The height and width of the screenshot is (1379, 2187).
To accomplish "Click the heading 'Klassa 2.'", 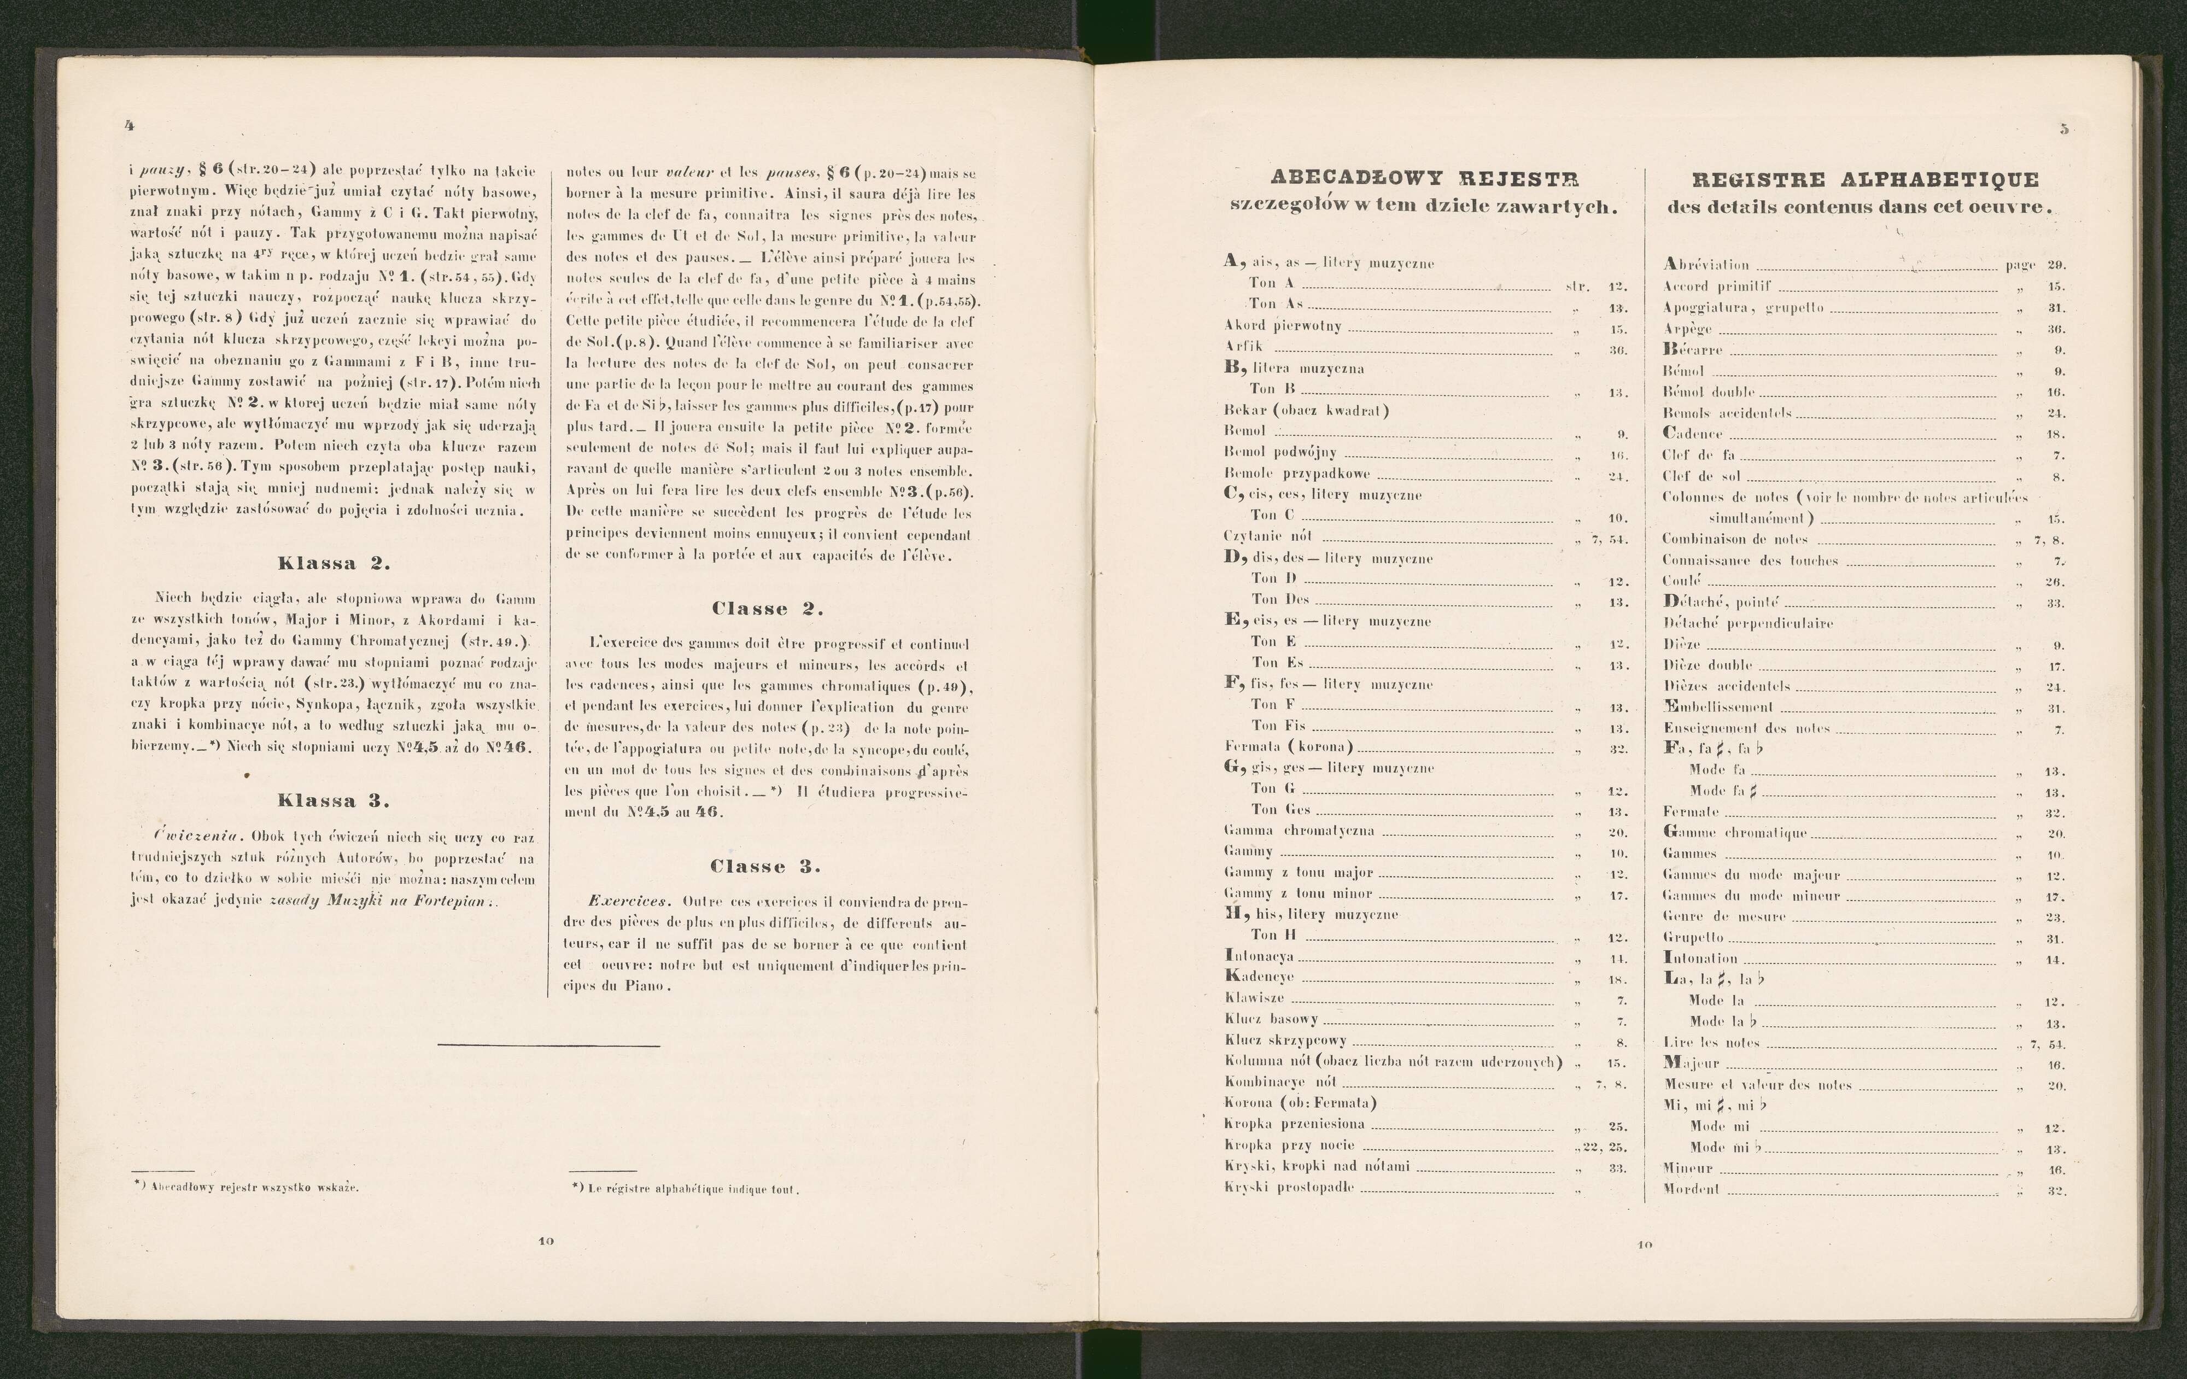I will pyautogui.click(x=334, y=563).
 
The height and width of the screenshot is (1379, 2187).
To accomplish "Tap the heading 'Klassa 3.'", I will pyautogui.click(x=334, y=801).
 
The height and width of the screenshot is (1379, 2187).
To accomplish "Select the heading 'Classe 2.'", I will pyautogui.click(x=768, y=609).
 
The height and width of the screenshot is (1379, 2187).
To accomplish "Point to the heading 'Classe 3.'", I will pyautogui.click(x=765, y=867).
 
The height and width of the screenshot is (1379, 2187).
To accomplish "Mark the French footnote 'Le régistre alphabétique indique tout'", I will pyautogui.click(x=687, y=1188).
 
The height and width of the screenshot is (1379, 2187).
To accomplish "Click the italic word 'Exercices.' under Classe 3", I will pyautogui.click(x=629, y=902).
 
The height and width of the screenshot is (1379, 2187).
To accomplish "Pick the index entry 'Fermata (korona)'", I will pyautogui.click(x=1288, y=747).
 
